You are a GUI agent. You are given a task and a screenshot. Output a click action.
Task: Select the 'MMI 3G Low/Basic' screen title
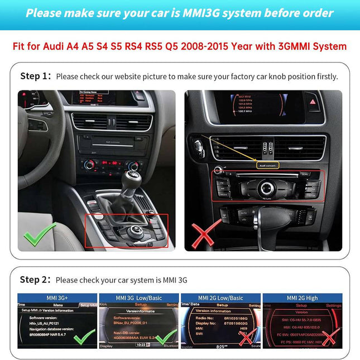point(138,298)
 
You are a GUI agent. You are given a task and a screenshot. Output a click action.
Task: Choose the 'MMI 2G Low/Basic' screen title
point(220,298)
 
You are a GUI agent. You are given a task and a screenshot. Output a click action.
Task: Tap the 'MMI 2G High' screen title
point(302,298)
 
